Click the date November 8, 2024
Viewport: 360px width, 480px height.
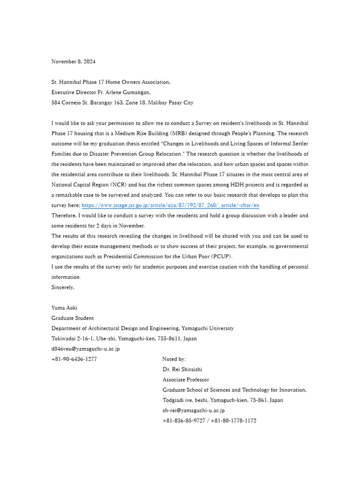point(73,61)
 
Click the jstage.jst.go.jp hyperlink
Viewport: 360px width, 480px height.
point(171,205)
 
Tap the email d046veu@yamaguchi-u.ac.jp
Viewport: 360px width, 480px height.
point(85,349)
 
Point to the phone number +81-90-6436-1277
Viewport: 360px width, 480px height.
point(74,359)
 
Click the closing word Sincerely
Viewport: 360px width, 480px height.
point(63,287)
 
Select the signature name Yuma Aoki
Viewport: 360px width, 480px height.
point(64,308)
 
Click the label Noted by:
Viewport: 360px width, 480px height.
point(174,359)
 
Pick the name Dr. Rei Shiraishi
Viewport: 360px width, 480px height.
point(182,369)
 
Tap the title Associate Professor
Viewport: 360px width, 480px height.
point(186,380)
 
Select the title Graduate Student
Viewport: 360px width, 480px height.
point(72,318)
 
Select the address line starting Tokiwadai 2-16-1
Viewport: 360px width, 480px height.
point(124,338)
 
